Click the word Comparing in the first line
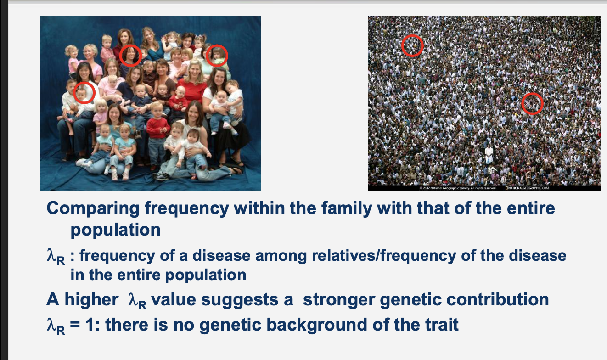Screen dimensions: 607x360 (x=93, y=208)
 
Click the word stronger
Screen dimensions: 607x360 (x=339, y=300)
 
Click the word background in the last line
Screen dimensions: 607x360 (x=283, y=325)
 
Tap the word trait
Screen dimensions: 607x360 (x=442, y=325)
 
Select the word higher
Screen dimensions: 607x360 (x=91, y=300)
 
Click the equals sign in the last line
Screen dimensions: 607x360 (x=75, y=325)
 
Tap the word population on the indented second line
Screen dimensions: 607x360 (x=115, y=230)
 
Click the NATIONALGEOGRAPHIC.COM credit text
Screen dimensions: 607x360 (x=527, y=188)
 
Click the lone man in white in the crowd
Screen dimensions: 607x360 (x=489, y=155)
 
